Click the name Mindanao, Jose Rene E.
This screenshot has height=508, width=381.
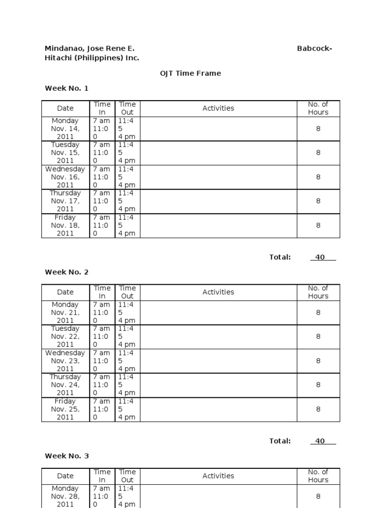point(89,49)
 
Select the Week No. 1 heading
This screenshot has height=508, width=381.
point(66,88)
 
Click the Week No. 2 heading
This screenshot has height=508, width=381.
point(66,272)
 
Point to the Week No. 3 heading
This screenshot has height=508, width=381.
point(66,456)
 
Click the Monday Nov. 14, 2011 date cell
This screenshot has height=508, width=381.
point(65,128)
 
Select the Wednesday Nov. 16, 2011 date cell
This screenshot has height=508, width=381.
point(65,177)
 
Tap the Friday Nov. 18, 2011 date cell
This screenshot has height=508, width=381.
point(65,225)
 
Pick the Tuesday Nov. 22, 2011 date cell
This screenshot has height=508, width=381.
point(65,336)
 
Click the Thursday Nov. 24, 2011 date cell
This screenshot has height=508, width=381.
point(65,384)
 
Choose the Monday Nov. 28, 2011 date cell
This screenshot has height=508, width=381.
point(65,496)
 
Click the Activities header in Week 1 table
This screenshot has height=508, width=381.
point(218,108)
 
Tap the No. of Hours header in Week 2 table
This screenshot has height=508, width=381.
point(318,292)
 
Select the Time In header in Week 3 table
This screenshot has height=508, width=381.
point(102,476)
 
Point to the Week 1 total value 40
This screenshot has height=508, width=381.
point(320,257)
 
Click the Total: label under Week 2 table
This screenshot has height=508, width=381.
point(280,441)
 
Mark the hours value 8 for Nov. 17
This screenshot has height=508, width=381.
point(318,201)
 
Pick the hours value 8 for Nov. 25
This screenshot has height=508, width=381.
point(318,409)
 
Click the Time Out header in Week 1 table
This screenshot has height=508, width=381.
point(127,108)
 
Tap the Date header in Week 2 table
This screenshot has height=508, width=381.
point(65,292)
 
